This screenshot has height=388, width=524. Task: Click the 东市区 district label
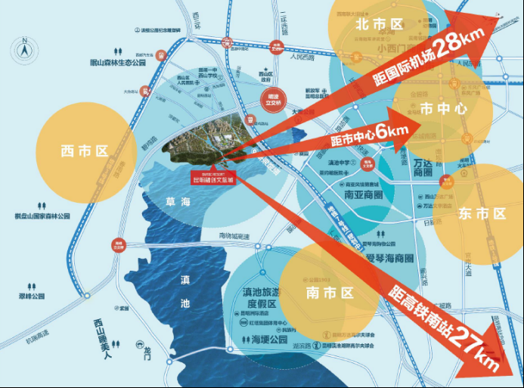pos(481,214)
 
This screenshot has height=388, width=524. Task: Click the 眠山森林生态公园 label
pos(117,63)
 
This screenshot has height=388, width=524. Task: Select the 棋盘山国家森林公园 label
pos(42,216)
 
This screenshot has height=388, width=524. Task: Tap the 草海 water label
pos(177,203)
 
